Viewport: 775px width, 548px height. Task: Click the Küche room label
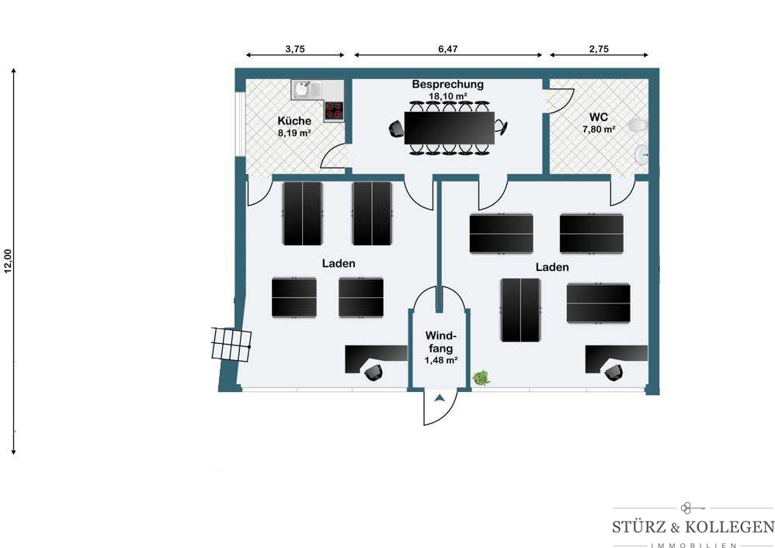tap(294, 120)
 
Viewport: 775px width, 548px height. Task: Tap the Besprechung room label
tap(448, 85)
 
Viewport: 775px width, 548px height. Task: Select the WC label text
tap(599, 118)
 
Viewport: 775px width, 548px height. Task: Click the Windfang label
tap(441, 342)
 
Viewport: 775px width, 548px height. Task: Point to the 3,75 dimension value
tap(295, 49)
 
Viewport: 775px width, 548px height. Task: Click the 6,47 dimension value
tap(448, 49)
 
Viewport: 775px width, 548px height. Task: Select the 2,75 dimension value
tap(599, 49)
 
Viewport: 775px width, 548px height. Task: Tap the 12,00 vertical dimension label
tap(8, 260)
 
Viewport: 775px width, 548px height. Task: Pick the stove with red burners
tap(334, 111)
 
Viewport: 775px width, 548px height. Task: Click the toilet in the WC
tap(638, 125)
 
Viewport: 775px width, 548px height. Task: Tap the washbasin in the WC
tap(641, 154)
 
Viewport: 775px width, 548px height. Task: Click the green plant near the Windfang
tap(481, 379)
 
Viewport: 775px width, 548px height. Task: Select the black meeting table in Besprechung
tap(450, 128)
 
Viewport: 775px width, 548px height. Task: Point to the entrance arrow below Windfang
tap(440, 397)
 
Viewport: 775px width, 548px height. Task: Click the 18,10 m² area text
tap(448, 96)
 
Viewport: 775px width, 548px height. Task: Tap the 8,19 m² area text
tap(294, 133)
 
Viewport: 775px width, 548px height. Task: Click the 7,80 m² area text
tap(599, 130)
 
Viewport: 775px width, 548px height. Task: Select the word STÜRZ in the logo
tap(639, 527)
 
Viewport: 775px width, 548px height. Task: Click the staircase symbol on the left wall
tap(231, 344)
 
